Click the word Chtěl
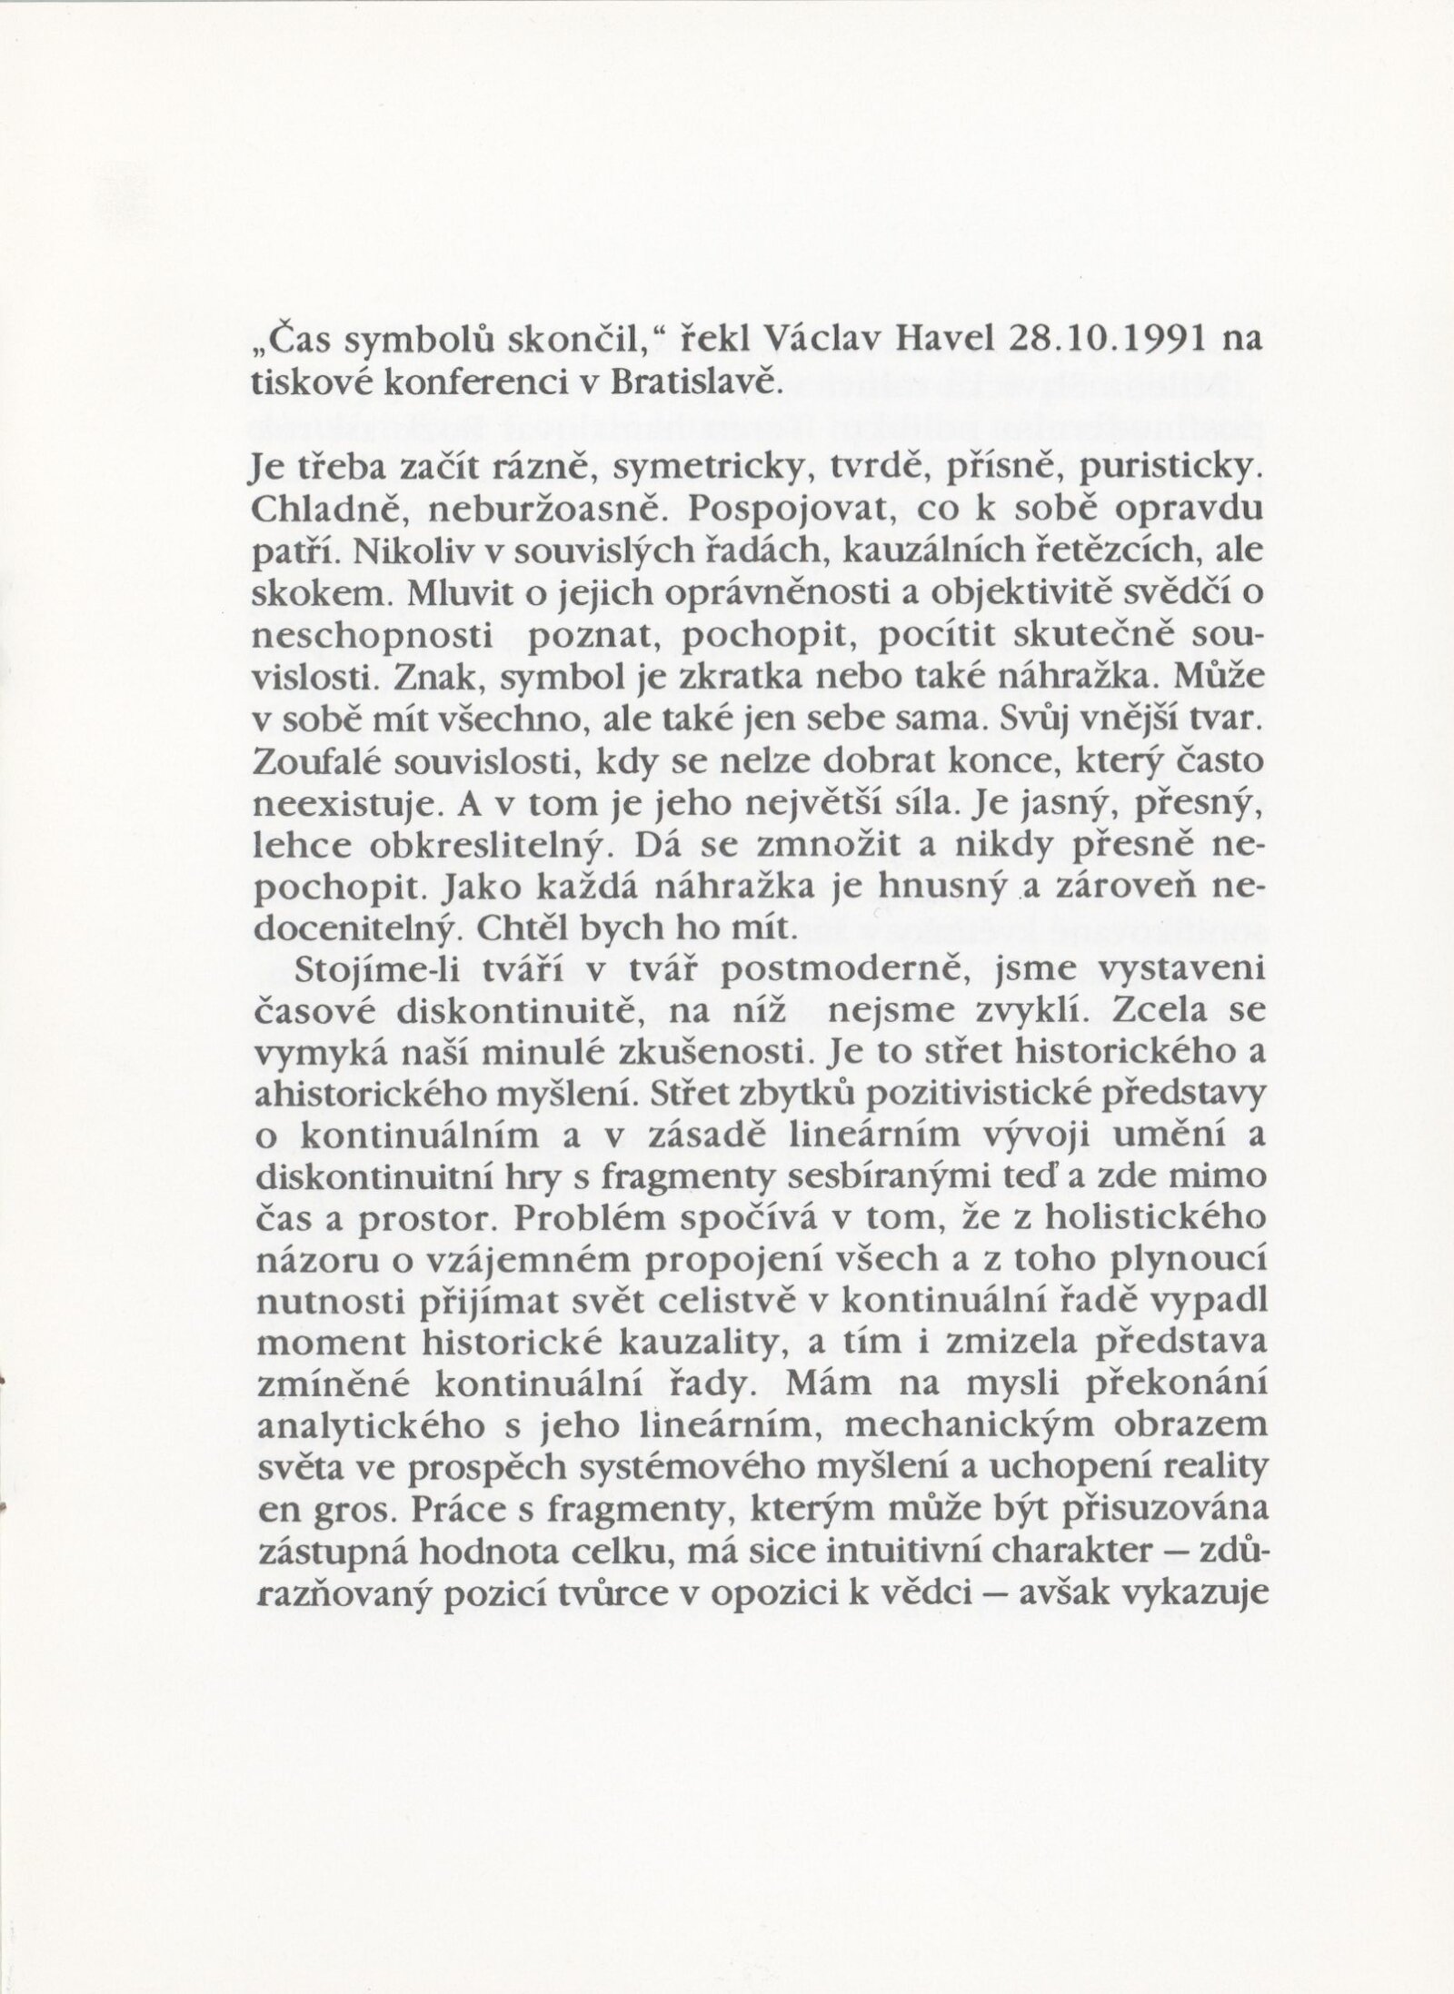[504, 928]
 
